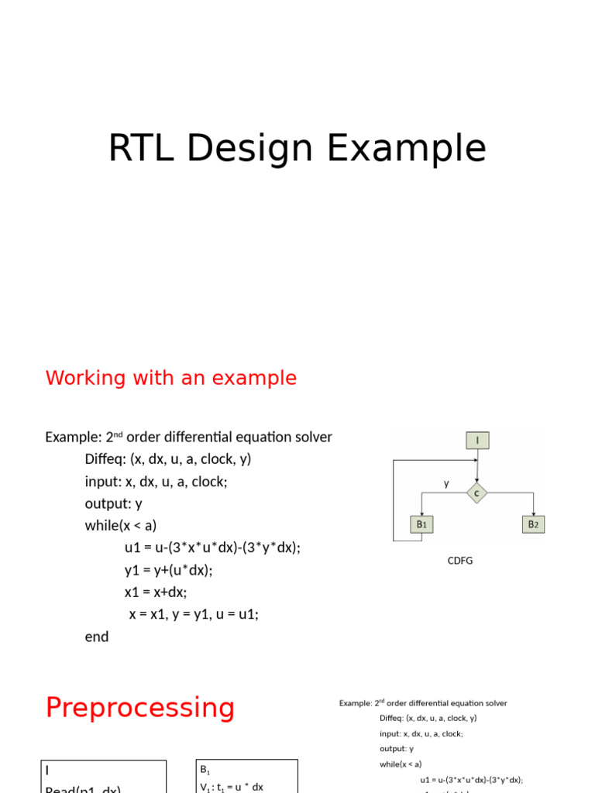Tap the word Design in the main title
[x=249, y=149]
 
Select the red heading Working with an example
[x=170, y=378]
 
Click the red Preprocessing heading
[x=139, y=708]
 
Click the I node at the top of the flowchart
[x=477, y=441]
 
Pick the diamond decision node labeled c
[x=477, y=493]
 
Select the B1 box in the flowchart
[x=422, y=524]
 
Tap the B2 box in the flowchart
[x=532, y=524]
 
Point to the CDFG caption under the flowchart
[x=460, y=561]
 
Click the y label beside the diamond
[x=446, y=483]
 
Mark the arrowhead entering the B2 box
[x=532, y=513]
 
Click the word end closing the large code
[x=97, y=637]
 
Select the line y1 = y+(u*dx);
[x=168, y=570]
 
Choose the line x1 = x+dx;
[x=156, y=592]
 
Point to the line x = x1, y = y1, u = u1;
[x=194, y=614]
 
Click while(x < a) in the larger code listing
[x=121, y=525]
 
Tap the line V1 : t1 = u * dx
[x=232, y=787]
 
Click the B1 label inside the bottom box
[x=205, y=770]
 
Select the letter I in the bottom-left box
[x=46, y=771]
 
